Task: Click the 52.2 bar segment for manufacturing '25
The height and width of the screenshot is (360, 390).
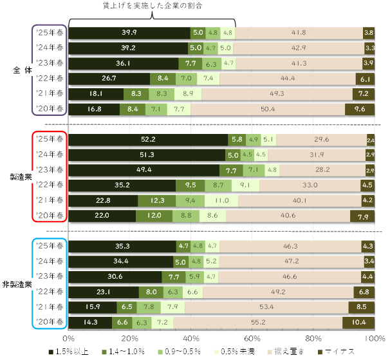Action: pyautogui.click(x=148, y=140)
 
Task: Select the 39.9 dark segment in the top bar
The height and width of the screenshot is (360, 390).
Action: pyautogui.click(x=129, y=32)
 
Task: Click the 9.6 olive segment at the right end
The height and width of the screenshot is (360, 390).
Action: pyautogui.click(x=360, y=109)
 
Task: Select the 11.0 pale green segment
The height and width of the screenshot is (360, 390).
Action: pyautogui.click(x=221, y=200)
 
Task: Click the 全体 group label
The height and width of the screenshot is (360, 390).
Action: pyautogui.click(x=18, y=70)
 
